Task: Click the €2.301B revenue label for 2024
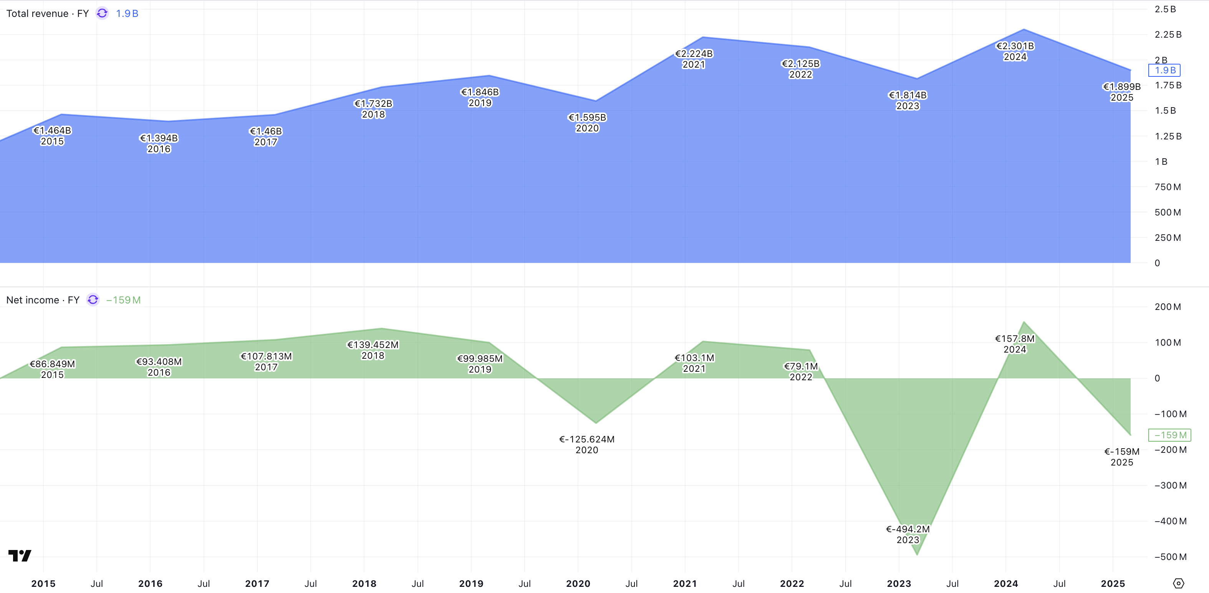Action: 1015,46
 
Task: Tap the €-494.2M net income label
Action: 908,529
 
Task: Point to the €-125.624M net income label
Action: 587,439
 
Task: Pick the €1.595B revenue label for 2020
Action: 587,118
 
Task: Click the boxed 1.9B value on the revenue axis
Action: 1164,70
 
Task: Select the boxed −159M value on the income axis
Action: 1169,435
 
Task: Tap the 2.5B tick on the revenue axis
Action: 1165,9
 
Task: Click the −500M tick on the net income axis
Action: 1170,557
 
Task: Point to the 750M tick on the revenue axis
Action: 1167,187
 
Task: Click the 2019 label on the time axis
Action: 471,584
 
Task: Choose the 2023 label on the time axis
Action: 899,584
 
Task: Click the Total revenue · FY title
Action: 47,13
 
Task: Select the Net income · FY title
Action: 43,300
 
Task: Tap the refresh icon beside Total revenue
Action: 102,13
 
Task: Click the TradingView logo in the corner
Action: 20,555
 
